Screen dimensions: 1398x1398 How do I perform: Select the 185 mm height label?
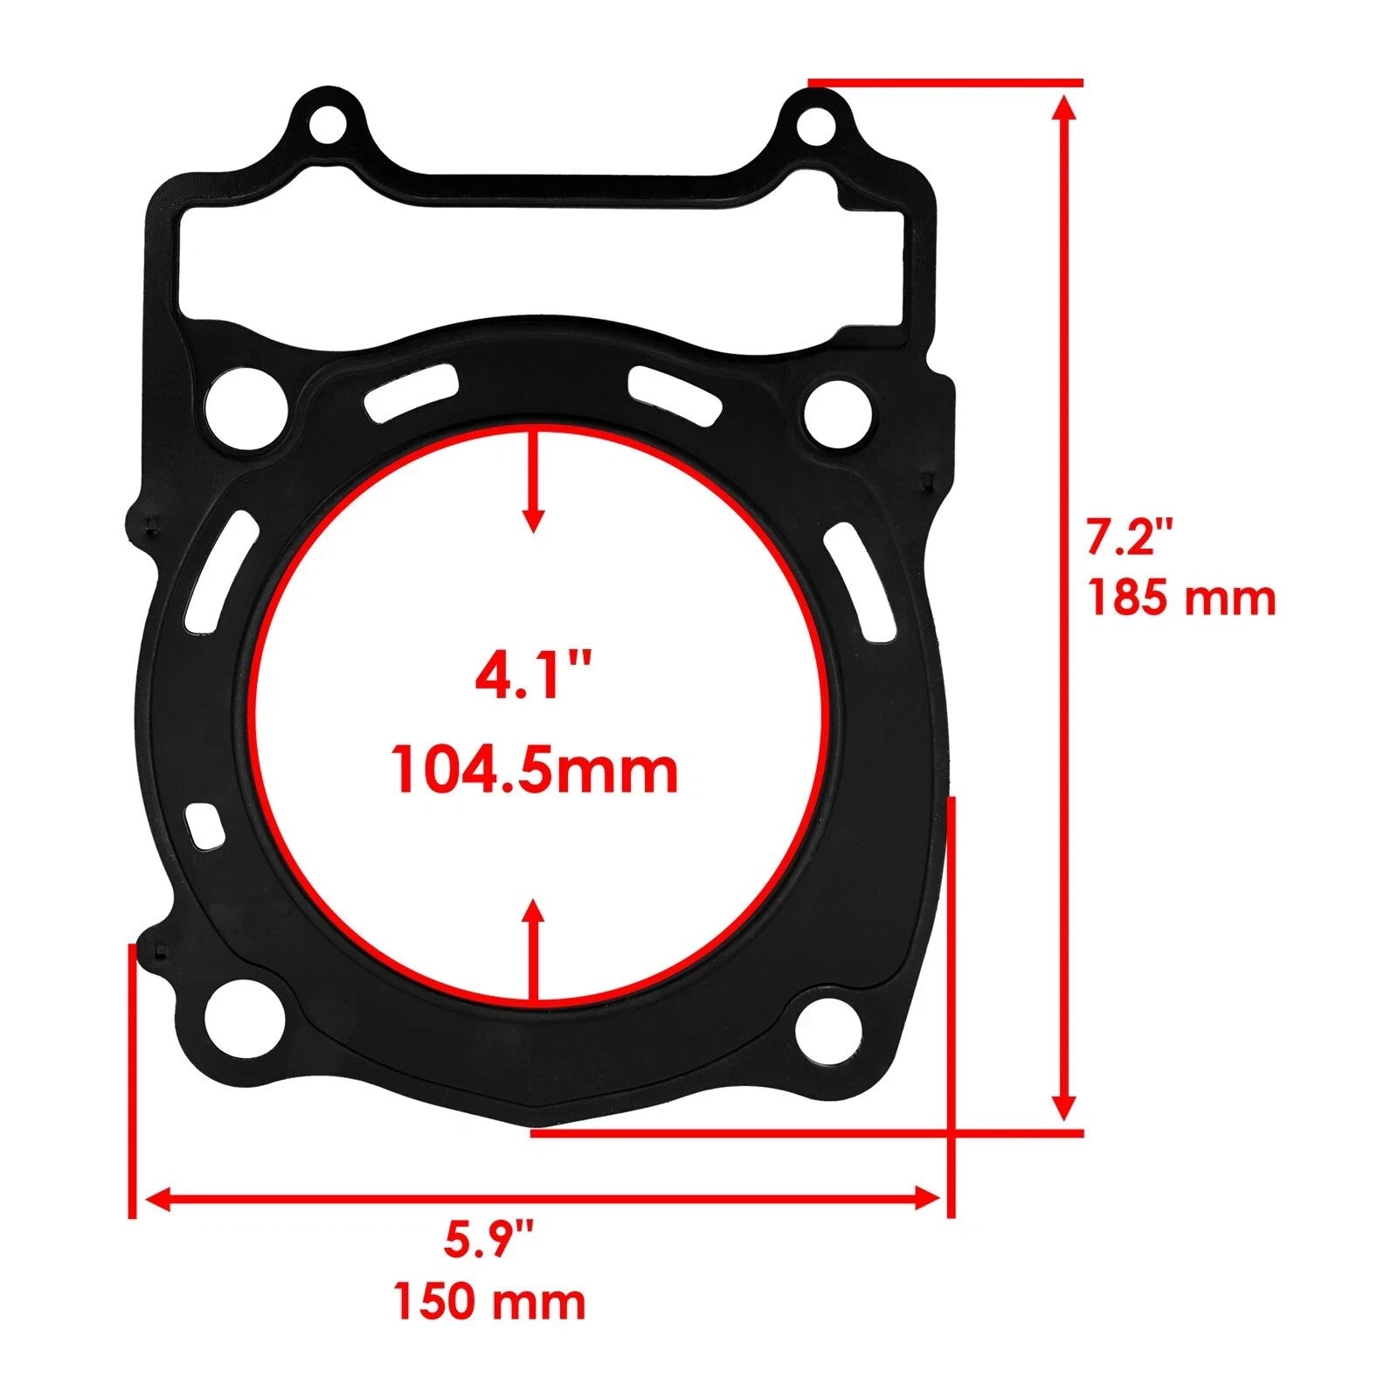[x=1181, y=599]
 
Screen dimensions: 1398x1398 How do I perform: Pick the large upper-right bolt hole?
[x=837, y=412]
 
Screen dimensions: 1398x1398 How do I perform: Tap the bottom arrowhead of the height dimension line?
[x=1063, y=1108]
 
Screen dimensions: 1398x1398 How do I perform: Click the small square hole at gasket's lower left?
[x=204, y=827]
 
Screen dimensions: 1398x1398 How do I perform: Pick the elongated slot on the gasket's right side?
[x=858, y=580]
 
